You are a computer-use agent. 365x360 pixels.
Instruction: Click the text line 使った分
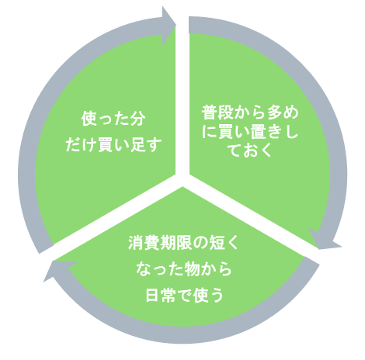coord(113,119)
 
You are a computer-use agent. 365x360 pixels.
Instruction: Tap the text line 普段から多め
coord(250,112)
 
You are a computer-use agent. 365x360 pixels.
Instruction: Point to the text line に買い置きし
coord(250,131)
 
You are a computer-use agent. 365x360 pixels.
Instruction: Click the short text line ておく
coord(250,150)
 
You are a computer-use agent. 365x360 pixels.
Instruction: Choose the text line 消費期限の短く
coord(183,243)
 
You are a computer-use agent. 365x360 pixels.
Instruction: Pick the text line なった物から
coord(183,269)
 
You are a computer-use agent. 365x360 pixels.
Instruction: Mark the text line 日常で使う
coord(184,295)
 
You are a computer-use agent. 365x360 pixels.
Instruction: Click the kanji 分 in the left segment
coord(137,119)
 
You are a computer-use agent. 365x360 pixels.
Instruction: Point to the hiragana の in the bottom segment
coord(200,243)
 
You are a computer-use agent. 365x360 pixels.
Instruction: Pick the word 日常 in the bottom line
coord(161,295)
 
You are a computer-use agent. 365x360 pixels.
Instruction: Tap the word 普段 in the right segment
coord(217,112)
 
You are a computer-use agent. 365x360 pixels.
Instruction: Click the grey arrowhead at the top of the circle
coord(169,26)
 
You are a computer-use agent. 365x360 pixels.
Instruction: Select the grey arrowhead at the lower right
coord(324,239)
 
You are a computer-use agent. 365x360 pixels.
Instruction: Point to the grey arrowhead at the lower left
coord(60,269)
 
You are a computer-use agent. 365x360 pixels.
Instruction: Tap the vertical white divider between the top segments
coord(182,99)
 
